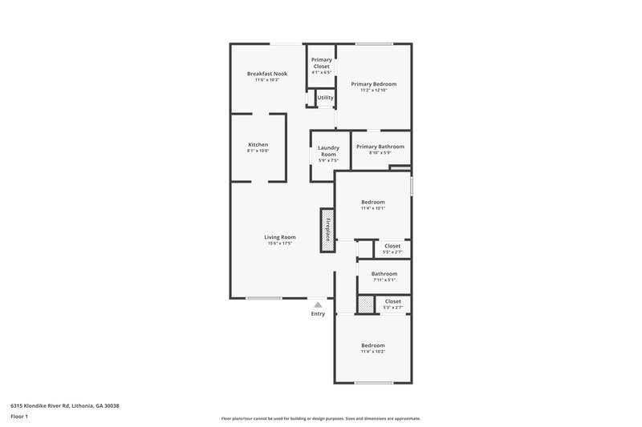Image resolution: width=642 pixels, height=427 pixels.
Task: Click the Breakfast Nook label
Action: [x=266, y=74]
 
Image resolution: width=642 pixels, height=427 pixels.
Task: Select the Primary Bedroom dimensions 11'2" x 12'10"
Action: [x=373, y=90]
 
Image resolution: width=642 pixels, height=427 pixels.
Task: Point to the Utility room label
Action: [x=325, y=98]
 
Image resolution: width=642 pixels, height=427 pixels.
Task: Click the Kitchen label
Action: [x=258, y=144]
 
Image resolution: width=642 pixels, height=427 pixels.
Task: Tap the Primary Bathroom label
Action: [x=380, y=147]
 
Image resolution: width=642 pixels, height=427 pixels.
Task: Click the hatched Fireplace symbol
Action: [x=327, y=231]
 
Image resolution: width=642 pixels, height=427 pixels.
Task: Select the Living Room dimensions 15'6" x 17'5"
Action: [x=281, y=243]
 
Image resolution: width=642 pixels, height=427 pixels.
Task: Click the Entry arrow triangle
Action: [x=319, y=304]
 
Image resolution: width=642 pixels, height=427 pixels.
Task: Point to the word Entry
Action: [x=319, y=313]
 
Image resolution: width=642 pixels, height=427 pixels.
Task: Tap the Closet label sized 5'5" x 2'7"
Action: [x=392, y=246]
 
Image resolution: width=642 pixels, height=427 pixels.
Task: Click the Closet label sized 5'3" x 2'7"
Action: [x=392, y=301]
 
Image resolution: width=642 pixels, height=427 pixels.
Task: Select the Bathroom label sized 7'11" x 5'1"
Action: [x=384, y=274]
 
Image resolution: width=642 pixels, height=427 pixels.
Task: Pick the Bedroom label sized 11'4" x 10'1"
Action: [x=373, y=202]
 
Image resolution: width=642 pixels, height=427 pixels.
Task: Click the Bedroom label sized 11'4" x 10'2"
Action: [x=373, y=345]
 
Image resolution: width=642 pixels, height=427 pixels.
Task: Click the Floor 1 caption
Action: [x=19, y=417]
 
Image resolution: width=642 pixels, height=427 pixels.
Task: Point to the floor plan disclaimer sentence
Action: [x=321, y=418]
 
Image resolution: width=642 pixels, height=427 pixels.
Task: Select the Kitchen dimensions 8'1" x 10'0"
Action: [x=258, y=151]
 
